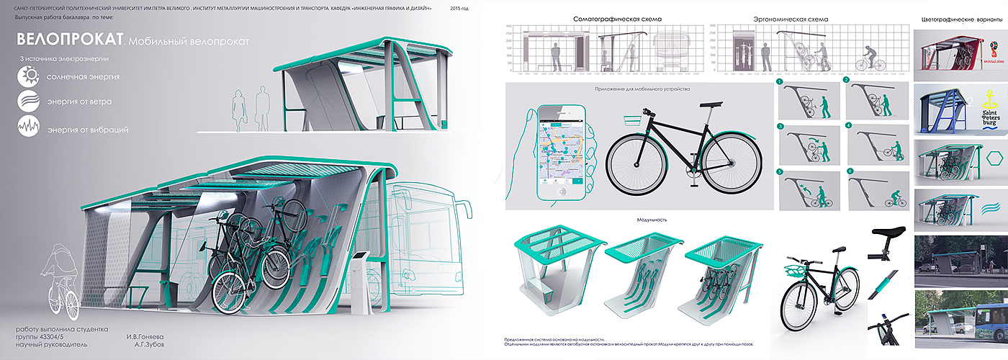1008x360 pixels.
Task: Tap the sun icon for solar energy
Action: click(x=30, y=76)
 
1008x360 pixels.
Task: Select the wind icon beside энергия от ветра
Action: click(x=30, y=102)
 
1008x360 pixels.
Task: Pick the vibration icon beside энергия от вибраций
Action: click(x=30, y=128)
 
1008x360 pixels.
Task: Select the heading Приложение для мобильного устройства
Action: click(x=642, y=89)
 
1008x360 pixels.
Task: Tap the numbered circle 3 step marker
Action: click(x=780, y=127)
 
